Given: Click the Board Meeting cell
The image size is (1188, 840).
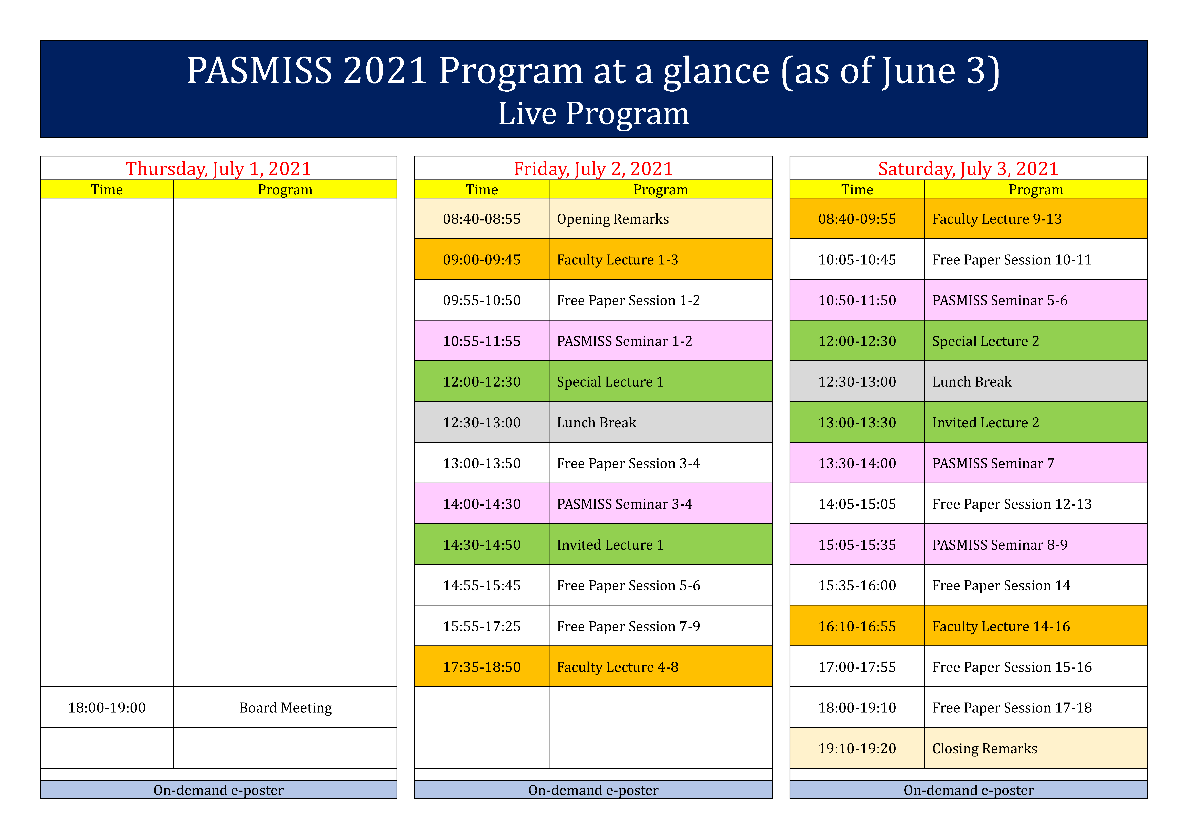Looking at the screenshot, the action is tap(285, 707).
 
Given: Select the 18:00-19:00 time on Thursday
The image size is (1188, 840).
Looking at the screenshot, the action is tap(107, 707).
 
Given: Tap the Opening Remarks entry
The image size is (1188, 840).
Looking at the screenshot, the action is tap(613, 219).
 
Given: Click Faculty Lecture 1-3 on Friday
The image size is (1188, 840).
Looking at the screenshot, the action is tap(617, 260).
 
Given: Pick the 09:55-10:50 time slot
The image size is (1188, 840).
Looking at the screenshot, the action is tap(482, 300).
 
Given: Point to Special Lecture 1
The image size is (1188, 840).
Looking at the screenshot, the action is tap(610, 382).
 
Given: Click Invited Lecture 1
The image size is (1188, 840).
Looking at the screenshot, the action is tap(610, 545).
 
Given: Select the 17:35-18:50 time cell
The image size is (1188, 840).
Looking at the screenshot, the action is tap(482, 667).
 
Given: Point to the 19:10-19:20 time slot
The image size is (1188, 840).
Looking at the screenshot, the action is tap(857, 748).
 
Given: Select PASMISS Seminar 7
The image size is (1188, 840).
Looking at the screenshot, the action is tap(993, 463).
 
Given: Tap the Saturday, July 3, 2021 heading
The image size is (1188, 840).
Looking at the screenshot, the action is tap(968, 169).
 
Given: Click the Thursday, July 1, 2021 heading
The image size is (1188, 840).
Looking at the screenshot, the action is tap(218, 169).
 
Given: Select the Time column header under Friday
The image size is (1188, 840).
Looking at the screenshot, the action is tap(482, 189).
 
